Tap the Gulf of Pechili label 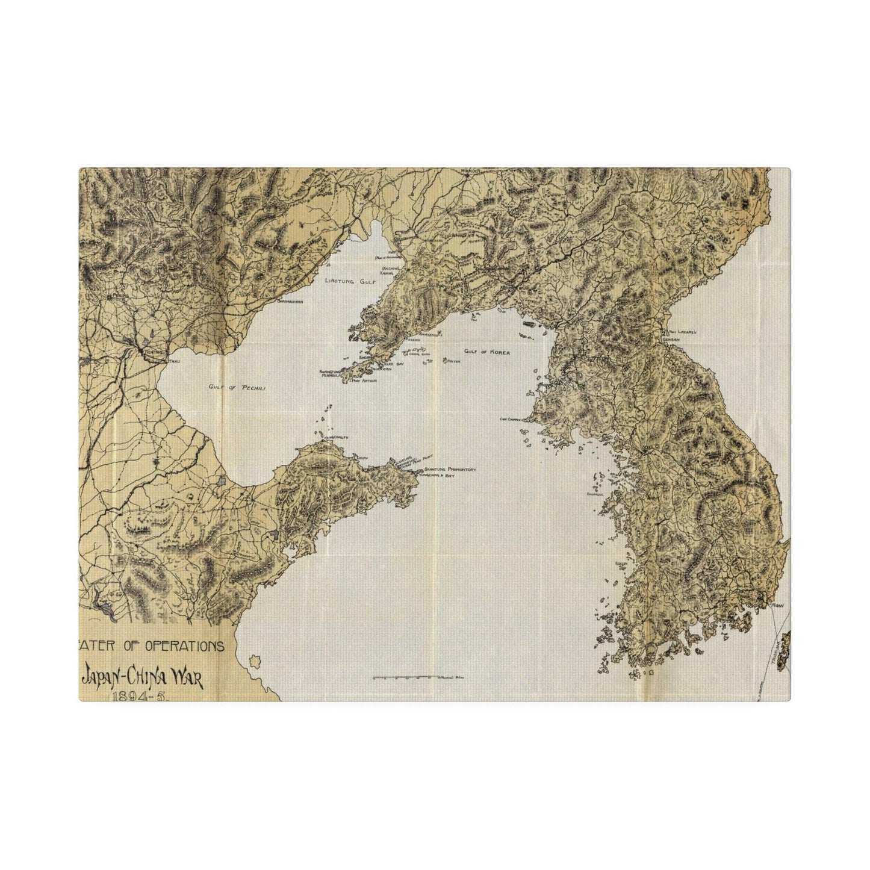237,388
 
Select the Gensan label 671,339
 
